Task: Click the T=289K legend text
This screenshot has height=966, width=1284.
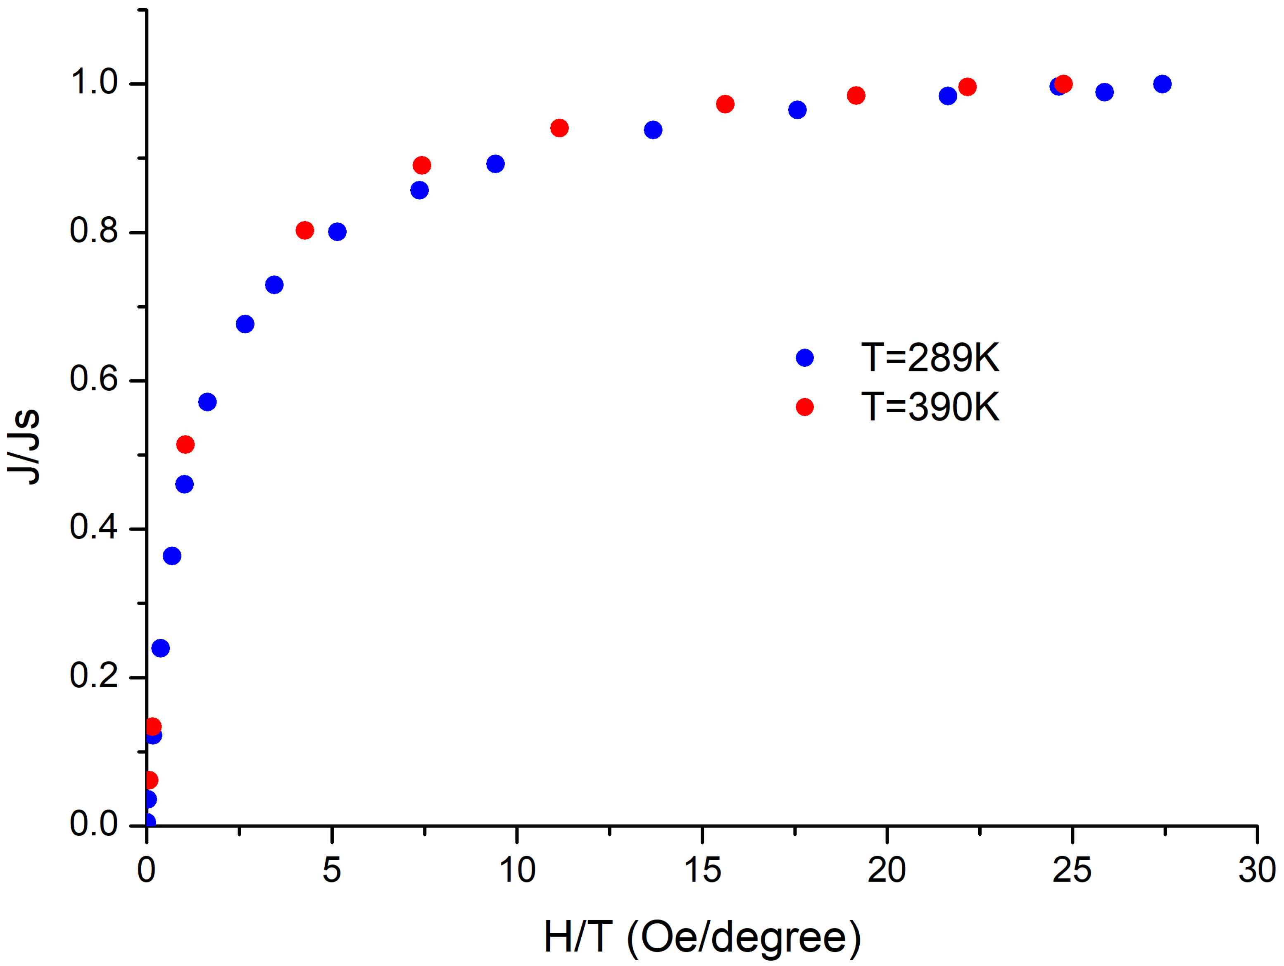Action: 930,358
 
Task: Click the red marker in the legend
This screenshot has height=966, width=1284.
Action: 804,406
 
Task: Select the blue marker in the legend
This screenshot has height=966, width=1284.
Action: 804,358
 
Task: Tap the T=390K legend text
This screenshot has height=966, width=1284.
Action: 930,406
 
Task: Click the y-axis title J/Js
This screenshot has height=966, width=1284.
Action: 24,446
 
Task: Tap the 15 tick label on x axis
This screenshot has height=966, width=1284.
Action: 702,870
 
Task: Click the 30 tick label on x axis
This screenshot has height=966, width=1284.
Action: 1257,870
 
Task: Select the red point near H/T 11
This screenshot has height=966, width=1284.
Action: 559,128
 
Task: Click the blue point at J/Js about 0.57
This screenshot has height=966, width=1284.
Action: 207,402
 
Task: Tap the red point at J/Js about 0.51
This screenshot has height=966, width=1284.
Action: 185,445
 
